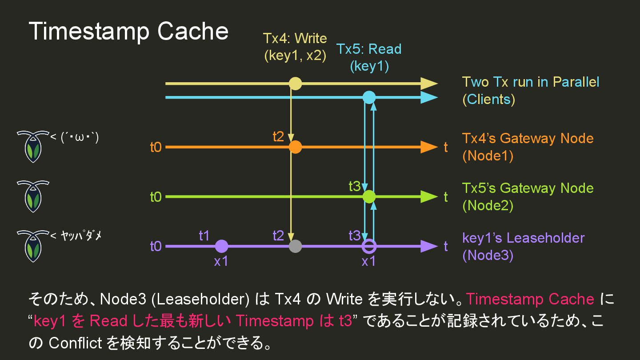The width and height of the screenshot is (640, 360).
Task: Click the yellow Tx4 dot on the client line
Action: click(x=295, y=84)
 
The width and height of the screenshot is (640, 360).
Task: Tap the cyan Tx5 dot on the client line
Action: click(x=369, y=97)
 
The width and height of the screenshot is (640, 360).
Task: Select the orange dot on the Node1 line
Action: click(x=295, y=147)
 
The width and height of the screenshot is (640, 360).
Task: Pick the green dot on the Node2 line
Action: click(x=369, y=196)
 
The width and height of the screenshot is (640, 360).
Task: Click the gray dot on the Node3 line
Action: click(x=295, y=246)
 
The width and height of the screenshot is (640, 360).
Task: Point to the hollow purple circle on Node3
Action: click(x=369, y=246)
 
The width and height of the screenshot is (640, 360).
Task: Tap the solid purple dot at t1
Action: click(x=221, y=246)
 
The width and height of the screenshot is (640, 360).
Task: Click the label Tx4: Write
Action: click(x=295, y=39)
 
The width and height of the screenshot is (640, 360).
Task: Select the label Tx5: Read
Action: click(x=369, y=49)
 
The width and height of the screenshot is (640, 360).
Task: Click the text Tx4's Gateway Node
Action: click(x=528, y=138)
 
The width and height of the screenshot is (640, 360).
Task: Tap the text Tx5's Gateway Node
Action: click(x=528, y=188)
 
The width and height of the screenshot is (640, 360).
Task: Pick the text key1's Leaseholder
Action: click(x=523, y=238)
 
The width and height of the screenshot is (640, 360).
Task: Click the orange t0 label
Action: click(x=156, y=147)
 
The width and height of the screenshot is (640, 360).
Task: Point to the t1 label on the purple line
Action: click(x=204, y=236)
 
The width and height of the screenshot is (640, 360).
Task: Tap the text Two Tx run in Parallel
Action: click(x=531, y=82)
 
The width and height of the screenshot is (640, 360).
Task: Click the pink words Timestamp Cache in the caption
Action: click(x=530, y=299)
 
